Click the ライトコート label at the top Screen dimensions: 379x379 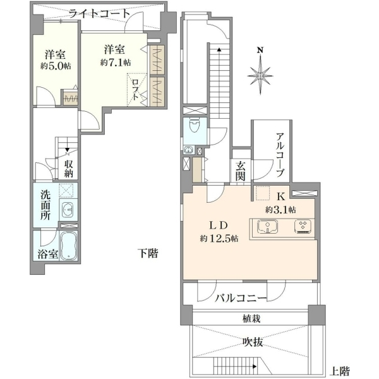tap(100, 14)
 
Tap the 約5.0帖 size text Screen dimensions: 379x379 tap(56, 66)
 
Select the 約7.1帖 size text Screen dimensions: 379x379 tap(116, 63)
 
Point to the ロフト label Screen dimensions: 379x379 tap(136, 90)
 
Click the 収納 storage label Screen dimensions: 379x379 tap(69, 169)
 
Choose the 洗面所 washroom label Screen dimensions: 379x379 tap(45, 205)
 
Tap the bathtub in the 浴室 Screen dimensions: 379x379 tap(68, 246)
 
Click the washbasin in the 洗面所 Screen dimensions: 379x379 tap(68, 209)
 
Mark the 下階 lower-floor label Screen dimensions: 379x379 tap(148, 253)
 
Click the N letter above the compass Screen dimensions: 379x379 tap(260, 51)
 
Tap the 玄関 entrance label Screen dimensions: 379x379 tap(241, 171)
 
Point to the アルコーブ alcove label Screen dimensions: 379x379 tap(280, 155)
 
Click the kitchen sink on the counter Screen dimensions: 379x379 tap(267, 227)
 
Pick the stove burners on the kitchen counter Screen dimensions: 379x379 tap(303, 227)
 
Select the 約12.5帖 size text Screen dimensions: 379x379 tap(219, 239)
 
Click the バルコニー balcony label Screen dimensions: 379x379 tap(241, 298)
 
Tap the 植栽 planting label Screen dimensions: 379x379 tap(251, 319)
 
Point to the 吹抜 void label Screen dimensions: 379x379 tap(253, 342)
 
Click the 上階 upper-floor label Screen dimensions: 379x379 tap(340, 371)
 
